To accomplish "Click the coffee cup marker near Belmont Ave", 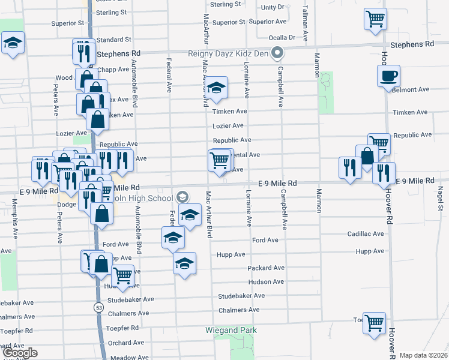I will point(388,76).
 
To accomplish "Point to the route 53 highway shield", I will point(98,307).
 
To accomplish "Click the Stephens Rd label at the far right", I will point(411,44).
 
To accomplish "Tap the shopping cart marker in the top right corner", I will point(375,19).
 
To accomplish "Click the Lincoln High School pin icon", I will point(182,196).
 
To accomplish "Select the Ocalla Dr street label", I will point(282,37).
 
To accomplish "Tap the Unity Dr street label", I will point(273,7).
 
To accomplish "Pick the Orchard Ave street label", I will point(126,343).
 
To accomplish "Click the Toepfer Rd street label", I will point(122,328).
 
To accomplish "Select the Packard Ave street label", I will point(264,268).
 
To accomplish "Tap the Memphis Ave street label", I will point(14,211).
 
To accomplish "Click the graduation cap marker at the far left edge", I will point(12,44).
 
